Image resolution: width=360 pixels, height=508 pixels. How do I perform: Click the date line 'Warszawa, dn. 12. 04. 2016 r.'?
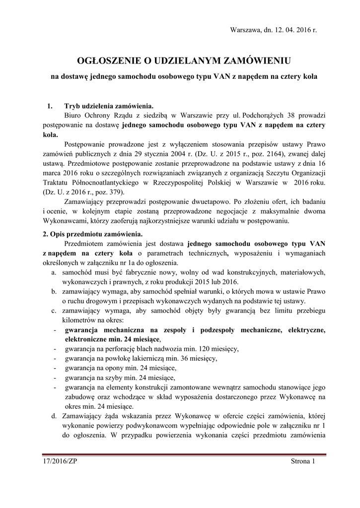[x=273, y=30]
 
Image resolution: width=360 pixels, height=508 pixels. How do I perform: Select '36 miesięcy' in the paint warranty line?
[x=198, y=358]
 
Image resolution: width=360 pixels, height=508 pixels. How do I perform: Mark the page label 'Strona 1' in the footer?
[x=303, y=462]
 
